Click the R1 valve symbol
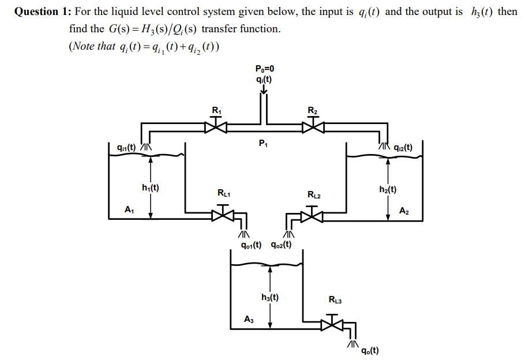tap(217, 125)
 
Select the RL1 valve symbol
tap(223, 215)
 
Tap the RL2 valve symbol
tap(313, 215)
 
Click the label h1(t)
tap(151, 187)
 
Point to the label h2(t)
tap(388, 189)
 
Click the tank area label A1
tap(129, 211)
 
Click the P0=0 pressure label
tap(265, 69)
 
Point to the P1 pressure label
tap(264, 142)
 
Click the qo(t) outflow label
tap(370, 350)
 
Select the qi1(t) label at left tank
tap(126, 147)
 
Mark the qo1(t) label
tap(252, 245)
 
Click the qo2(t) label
tap(281, 245)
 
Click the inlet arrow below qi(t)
tap(264, 90)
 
